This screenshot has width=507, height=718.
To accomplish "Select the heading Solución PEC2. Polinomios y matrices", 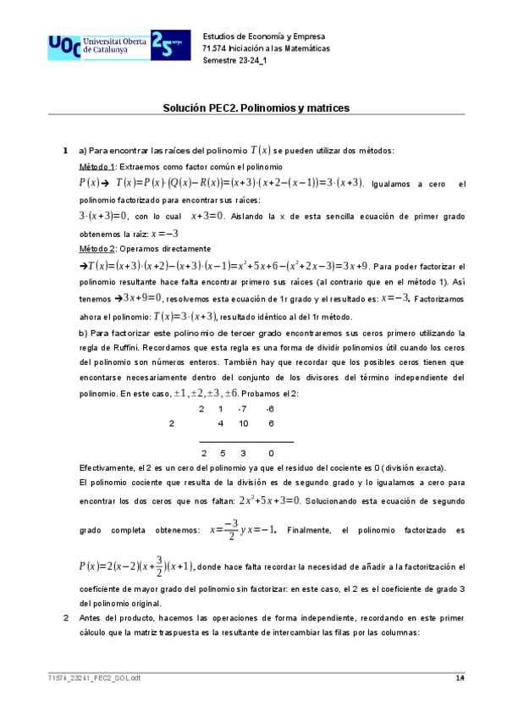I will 256,108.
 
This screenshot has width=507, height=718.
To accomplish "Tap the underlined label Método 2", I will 96,249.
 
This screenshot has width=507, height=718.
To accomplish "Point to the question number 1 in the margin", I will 67,151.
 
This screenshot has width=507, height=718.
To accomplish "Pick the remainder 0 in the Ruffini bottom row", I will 270,453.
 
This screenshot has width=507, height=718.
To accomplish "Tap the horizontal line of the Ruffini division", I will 246,441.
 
